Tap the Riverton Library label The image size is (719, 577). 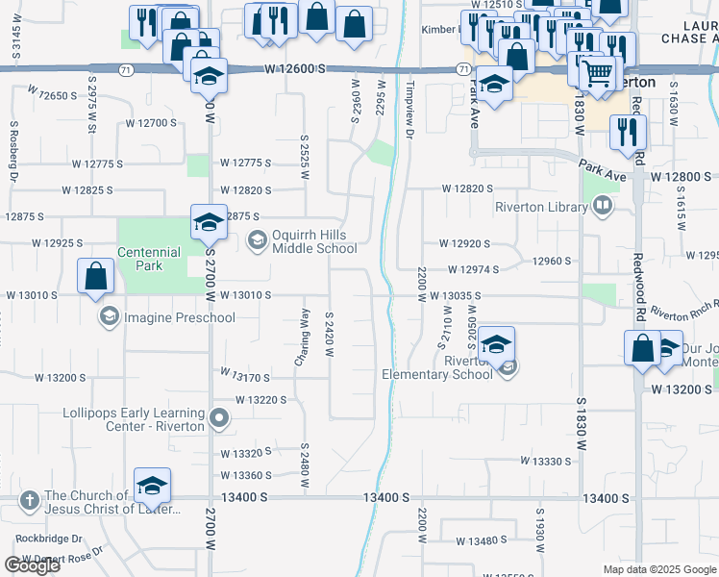point(542,207)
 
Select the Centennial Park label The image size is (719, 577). point(149,259)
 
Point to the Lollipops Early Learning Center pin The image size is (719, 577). point(219,417)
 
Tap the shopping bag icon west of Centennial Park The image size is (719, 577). point(96,277)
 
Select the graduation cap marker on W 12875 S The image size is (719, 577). point(207,223)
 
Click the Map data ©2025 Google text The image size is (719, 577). point(659,569)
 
